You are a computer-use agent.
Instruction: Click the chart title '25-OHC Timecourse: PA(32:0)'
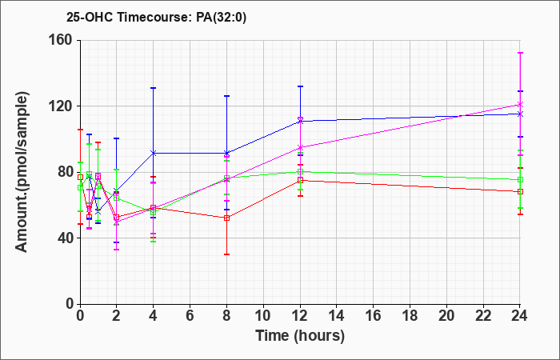tap(157, 17)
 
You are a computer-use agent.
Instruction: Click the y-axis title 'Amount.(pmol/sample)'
tap(22, 172)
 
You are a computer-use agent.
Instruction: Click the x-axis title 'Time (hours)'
tap(300, 336)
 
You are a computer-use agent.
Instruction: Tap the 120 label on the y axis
tap(63, 106)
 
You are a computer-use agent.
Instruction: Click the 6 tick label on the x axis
tap(190, 316)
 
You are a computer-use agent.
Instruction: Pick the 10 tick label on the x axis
tap(263, 316)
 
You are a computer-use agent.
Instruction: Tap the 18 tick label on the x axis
tap(410, 316)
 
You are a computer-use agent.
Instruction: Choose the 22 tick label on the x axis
tap(483, 316)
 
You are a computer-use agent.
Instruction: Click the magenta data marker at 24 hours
tap(520, 104)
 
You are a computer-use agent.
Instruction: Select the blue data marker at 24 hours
tap(520, 114)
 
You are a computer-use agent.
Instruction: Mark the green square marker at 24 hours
tap(520, 180)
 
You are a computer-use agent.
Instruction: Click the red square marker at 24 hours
tap(520, 191)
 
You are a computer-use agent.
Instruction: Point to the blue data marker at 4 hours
tap(154, 153)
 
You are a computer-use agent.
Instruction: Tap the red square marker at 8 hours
tap(226, 218)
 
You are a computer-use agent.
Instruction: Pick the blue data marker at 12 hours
tap(300, 122)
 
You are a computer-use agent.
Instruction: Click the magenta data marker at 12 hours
tap(300, 147)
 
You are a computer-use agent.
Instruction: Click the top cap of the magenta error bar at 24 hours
tap(520, 53)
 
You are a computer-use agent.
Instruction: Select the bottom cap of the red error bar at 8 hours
tap(226, 254)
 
